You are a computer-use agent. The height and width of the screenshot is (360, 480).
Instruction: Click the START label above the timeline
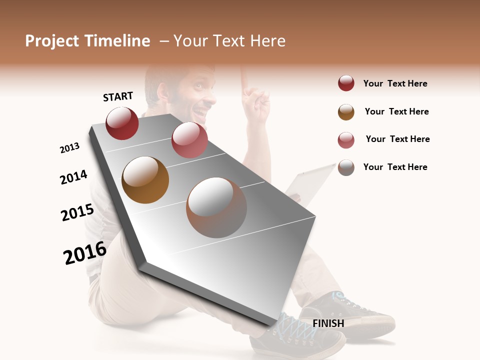[x=118, y=96]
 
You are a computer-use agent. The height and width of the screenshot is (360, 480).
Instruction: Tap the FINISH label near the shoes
[x=328, y=323]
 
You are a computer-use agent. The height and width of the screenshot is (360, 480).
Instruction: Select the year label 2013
[x=69, y=148]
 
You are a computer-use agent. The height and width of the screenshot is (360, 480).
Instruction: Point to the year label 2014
[x=73, y=177]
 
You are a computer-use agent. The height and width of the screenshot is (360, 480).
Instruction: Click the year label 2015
[x=77, y=212]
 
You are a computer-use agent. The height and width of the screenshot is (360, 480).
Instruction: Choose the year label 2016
[x=84, y=252]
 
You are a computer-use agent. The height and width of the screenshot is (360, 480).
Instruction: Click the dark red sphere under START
[x=122, y=123]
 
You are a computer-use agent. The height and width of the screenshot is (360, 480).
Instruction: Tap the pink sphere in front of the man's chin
[x=189, y=140]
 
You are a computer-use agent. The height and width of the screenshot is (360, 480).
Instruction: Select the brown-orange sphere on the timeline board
[x=145, y=180]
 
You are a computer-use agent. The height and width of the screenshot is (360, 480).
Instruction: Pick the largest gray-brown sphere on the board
[x=216, y=207]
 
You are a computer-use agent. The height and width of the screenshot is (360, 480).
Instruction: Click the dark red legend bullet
[x=346, y=83]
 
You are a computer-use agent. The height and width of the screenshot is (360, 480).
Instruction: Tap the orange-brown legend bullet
[x=346, y=112]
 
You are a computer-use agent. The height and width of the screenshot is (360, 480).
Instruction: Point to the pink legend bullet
[x=346, y=140]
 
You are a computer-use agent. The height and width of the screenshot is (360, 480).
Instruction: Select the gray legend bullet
[x=346, y=167]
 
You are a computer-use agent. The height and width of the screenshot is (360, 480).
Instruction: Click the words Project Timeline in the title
[x=87, y=41]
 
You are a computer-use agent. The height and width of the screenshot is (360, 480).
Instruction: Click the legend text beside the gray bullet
[x=395, y=167]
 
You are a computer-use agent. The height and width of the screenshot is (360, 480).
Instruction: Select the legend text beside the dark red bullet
[x=395, y=83]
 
